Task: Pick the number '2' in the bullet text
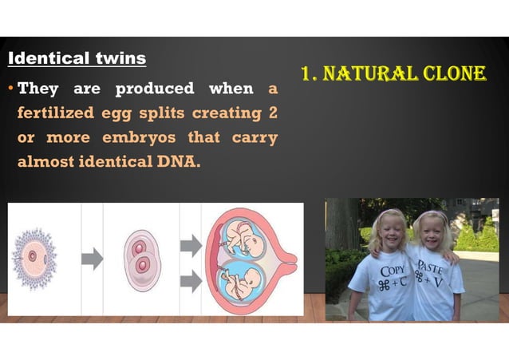tap(271, 113)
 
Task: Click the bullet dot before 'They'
tap(11, 89)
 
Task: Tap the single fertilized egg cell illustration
tap(33, 256)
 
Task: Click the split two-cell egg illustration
tap(141, 259)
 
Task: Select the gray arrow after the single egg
tap(93, 258)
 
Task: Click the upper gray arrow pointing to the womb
tap(191, 244)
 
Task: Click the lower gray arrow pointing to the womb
tap(191, 280)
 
